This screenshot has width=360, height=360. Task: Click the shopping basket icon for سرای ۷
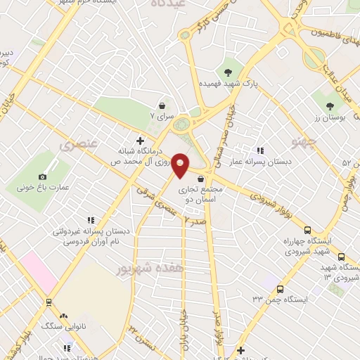coord(162,103)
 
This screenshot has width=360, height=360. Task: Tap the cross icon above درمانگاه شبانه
coord(139,141)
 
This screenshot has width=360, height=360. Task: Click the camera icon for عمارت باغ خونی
coord(43,176)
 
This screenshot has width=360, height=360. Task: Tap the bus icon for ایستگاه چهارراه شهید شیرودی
coord(307,230)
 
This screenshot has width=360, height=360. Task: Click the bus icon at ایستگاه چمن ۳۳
coord(280,289)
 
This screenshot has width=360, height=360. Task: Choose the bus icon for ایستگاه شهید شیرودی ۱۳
coord(341,257)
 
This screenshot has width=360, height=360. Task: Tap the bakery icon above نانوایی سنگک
coord(65,316)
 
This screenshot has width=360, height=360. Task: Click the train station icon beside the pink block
coord(49,302)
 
